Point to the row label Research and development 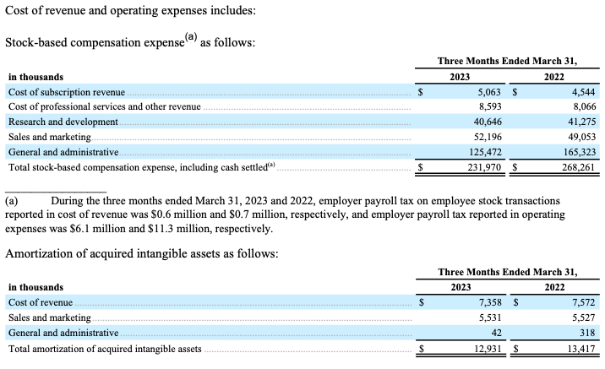coord(63,122)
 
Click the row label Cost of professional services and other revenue coord(104,106)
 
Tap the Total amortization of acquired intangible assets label coord(105,348)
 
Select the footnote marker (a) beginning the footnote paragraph coord(12,202)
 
